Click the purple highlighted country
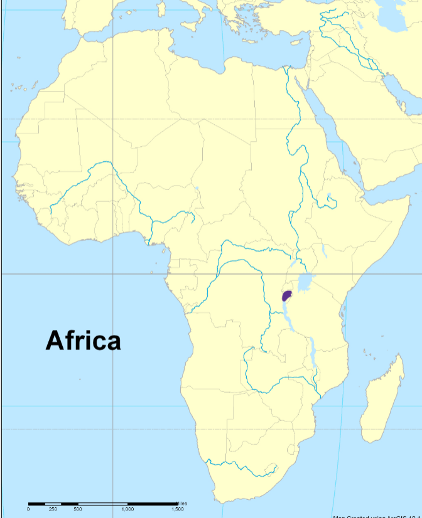click(288, 295)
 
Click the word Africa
click(83, 341)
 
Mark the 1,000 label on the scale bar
click(127, 509)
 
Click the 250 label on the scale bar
click(53, 509)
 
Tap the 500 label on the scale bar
click(77, 509)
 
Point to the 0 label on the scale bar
click(28, 509)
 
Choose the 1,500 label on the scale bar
click(177, 509)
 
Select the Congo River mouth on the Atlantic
click(188, 311)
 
